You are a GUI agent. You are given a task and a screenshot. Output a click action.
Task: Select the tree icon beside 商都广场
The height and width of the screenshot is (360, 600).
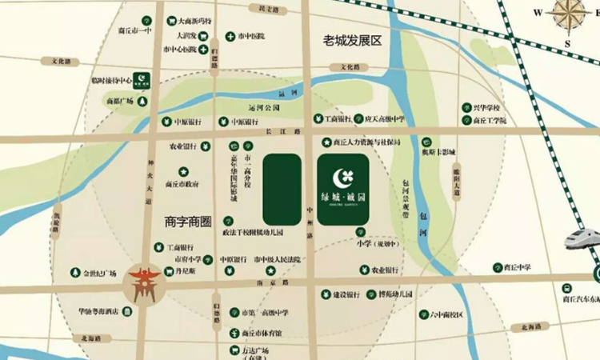[142, 102]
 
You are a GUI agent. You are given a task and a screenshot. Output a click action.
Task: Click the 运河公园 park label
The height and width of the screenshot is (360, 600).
[266, 106]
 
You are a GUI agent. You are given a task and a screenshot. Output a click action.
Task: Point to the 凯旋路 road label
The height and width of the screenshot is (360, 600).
[56, 218]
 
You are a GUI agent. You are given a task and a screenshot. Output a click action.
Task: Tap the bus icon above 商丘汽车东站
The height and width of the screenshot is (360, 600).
[567, 286]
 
